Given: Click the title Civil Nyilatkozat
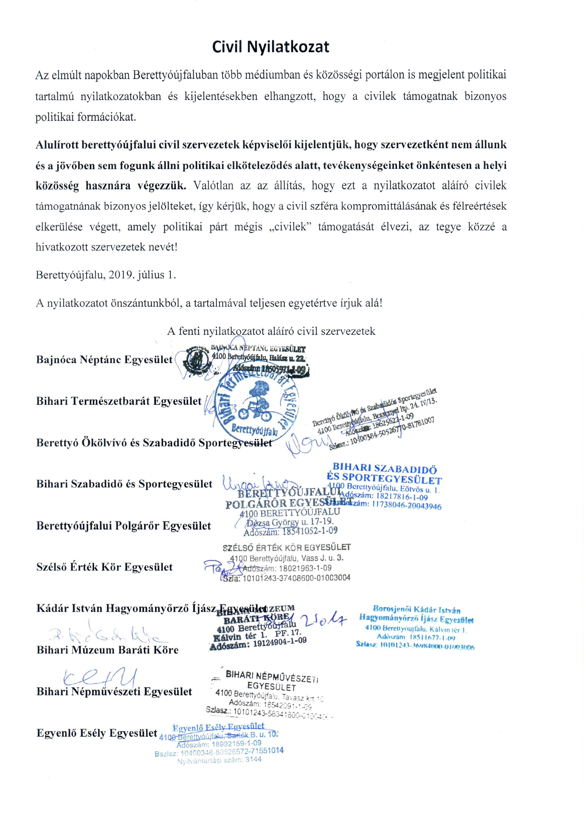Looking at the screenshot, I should (x=270, y=47).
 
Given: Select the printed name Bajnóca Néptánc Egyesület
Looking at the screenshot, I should (x=104, y=360).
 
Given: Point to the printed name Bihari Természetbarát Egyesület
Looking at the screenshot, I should (x=119, y=401).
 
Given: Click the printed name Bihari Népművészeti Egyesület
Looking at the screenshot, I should (x=114, y=692).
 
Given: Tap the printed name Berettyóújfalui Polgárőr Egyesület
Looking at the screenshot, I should (x=123, y=526).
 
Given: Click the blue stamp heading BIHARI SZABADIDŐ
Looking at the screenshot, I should (x=385, y=469).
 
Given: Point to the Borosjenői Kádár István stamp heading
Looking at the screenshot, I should (x=417, y=610).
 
